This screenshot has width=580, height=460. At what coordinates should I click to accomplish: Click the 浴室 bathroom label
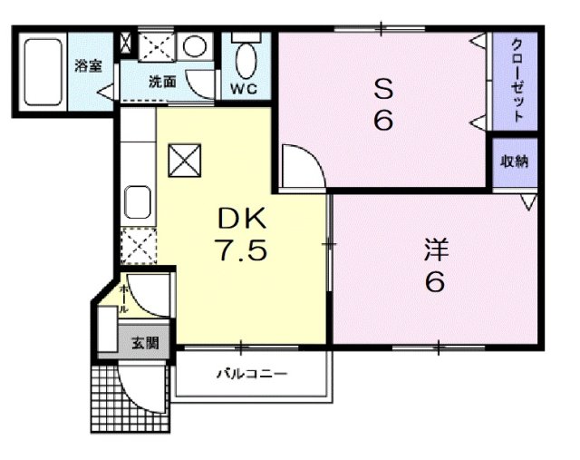click(x=88, y=65)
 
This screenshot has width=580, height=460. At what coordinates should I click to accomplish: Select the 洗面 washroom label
click(x=163, y=81)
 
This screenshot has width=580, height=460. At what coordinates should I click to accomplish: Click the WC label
click(x=242, y=89)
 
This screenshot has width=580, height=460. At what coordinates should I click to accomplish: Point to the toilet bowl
click(x=245, y=59)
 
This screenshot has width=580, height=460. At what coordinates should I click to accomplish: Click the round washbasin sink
click(x=194, y=46)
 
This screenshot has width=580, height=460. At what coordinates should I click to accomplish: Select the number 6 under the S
click(x=384, y=120)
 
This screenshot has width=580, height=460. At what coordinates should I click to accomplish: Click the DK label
click(x=240, y=218)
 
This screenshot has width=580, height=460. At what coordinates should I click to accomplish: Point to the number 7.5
click(x=240, y=250)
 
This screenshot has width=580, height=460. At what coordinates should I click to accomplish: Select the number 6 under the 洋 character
click(x=435, y=283)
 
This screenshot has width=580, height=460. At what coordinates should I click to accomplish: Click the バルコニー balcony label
click(x=251, y=373)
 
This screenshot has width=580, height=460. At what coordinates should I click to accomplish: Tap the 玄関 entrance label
click(x=144, y=343)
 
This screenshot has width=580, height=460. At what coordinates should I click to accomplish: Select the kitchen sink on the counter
click(x=138, y=202)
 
